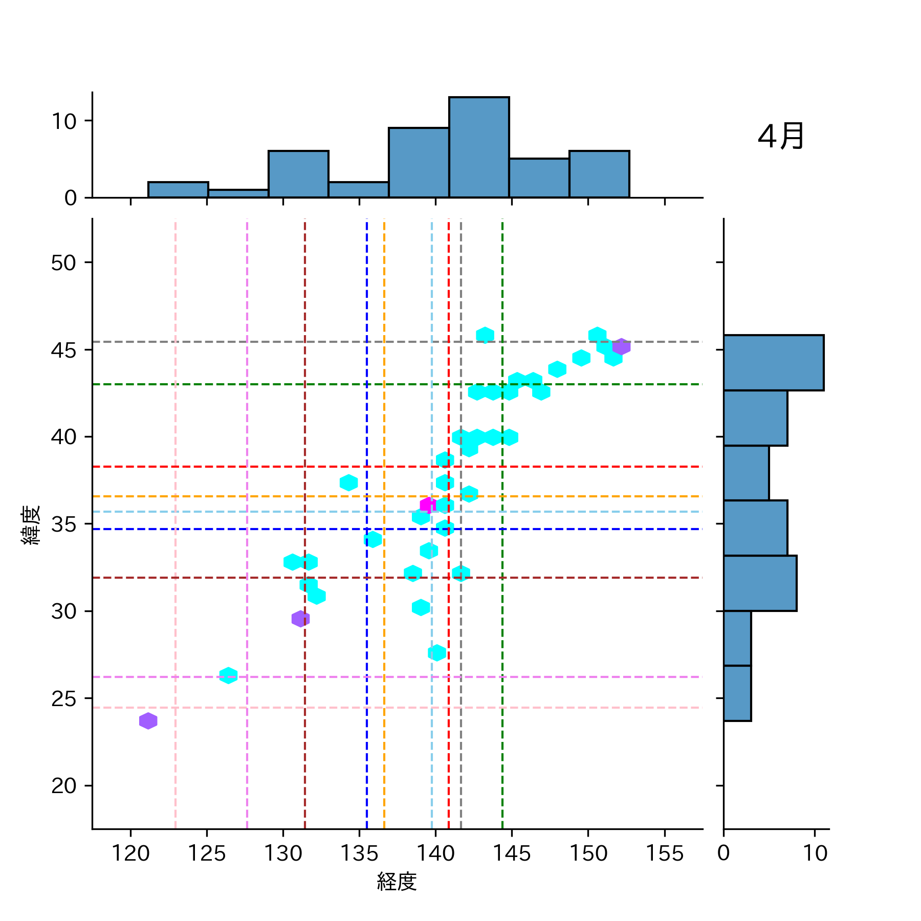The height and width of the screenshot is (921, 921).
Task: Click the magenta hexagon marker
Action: coord(428,505)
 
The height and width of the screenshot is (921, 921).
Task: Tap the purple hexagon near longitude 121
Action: coord(148,721)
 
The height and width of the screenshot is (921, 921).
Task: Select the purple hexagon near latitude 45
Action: coord(621,346)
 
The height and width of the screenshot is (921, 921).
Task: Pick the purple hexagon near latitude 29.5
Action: coord(300,619)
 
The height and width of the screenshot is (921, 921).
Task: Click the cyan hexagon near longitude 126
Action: coord(228,675)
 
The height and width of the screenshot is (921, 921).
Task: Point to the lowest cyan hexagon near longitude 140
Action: coord(436,653)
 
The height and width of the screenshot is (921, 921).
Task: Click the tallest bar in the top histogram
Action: coord(479,147)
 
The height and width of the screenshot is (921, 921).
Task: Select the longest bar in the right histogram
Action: coord(773,363)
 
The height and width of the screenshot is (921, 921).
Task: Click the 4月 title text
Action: coord(780,137)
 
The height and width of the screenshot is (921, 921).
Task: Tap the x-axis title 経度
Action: coord(397,882)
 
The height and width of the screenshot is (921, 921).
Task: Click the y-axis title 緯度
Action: coord(31,525)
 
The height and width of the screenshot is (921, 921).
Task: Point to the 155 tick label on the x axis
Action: coord(665,853)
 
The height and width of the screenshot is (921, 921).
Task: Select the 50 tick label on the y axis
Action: coord(63,263)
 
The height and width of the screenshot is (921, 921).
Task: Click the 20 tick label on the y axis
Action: coord(63,785)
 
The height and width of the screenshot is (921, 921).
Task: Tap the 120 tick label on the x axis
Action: coord(130,853)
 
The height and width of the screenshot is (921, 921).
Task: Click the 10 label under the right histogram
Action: coord(815,853)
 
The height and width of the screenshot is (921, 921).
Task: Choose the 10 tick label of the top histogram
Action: coord(63,121)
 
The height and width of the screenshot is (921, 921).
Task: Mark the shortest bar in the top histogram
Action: coord(238,193)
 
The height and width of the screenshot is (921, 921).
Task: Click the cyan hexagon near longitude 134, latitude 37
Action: coord(348,483)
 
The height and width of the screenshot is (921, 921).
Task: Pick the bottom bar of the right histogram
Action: coord(737,693)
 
